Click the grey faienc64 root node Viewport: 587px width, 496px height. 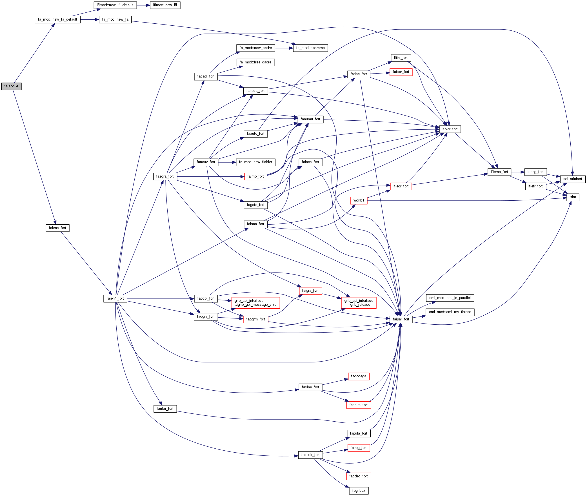[11, 86]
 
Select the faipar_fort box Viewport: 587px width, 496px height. [401, 319]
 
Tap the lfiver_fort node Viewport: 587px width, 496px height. [450, 129]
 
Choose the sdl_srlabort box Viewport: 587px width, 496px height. [573, 179]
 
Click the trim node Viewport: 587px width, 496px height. [573, 197]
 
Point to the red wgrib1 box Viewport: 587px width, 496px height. [359, 200]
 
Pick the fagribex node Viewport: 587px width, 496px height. [359, 491]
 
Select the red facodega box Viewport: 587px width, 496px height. [359, 376]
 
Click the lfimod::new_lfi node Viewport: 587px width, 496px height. [165, 5]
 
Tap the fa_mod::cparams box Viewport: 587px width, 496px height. [310, 48]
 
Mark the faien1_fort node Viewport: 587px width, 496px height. [115, 298]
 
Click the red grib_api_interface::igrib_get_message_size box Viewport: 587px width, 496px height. [255, 303]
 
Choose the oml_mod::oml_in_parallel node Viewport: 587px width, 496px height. [450, 298]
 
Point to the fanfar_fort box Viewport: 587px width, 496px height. [165, 409]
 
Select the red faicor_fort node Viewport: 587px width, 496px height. [401, 72]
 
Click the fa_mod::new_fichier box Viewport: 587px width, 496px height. [255, 162]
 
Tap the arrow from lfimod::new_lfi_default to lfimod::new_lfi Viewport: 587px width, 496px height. [143, 5]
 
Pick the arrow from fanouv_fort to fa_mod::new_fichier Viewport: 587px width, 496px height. [227, 162]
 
